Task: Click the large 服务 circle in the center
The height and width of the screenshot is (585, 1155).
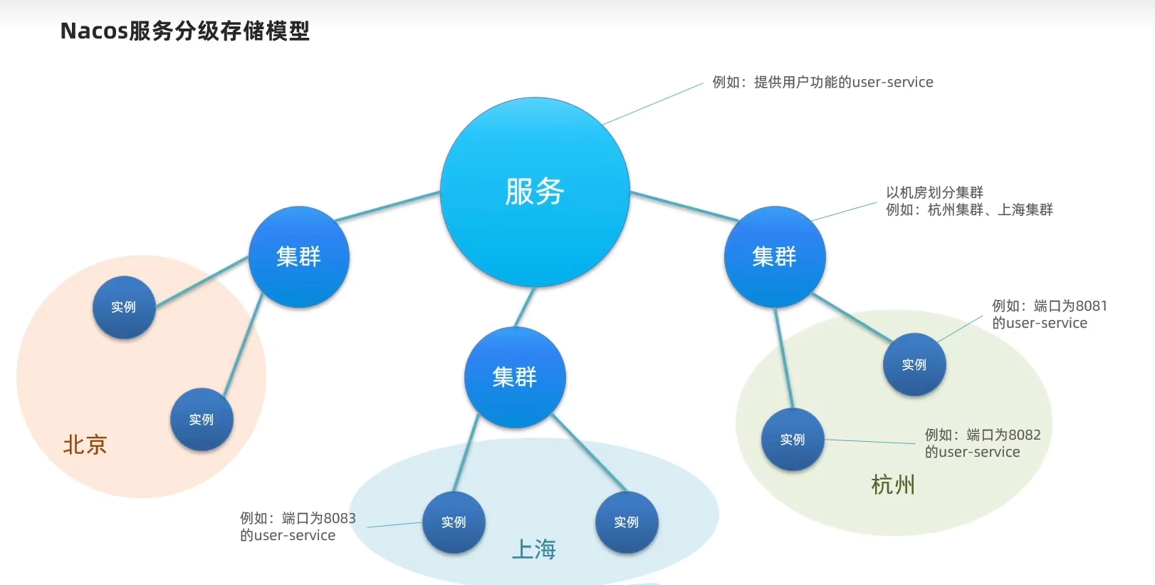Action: pos(535,192)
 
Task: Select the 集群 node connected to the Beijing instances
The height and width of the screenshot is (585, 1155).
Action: pos(298,257)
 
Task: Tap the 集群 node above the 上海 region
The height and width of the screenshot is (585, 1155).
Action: pos(515,377)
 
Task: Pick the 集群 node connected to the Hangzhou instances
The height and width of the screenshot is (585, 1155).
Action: pos(775,257)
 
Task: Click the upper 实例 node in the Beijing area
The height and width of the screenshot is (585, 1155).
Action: pos(124,307)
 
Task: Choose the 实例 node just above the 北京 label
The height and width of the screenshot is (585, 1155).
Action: pos(202,420)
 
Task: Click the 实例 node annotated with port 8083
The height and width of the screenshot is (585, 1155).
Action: pos(454,522)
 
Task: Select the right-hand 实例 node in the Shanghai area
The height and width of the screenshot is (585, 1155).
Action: pos(627,522)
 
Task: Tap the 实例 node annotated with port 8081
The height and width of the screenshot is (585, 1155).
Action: pos(914,365)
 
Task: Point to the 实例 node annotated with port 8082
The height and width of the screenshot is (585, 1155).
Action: pos(793,440)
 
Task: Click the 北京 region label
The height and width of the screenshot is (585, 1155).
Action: pos(85,445)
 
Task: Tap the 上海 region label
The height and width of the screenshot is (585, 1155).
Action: pos(533,549)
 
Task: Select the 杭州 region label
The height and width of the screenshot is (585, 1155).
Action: pos(893,485)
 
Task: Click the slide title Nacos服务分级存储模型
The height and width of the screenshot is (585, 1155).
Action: pos(184,31)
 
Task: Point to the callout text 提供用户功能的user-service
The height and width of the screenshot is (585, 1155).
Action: pos(844,82)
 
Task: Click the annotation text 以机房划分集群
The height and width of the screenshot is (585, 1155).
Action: pos(935,192)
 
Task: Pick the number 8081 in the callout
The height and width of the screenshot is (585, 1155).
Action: pos(1092,306)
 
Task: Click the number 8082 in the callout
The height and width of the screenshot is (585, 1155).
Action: pos(1025,435)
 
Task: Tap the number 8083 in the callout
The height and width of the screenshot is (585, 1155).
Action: pos(340,518)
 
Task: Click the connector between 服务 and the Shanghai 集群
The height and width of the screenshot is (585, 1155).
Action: pos(525,307)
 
